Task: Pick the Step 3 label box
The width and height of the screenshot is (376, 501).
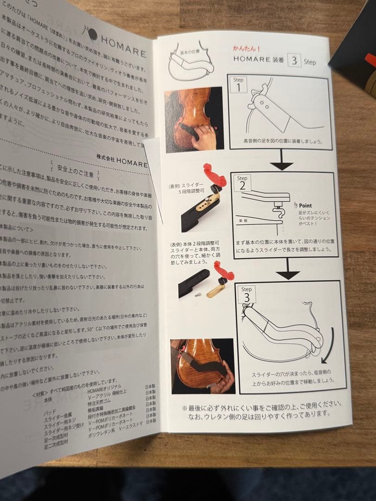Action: click(x=246, y=294)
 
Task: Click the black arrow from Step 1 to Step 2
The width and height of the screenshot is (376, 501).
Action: click(x=282, y=161)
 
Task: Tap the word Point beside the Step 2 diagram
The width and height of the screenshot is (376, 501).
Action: click(x=305, y=205)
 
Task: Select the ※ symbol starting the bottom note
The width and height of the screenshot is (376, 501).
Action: click(x=184, y=408)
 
